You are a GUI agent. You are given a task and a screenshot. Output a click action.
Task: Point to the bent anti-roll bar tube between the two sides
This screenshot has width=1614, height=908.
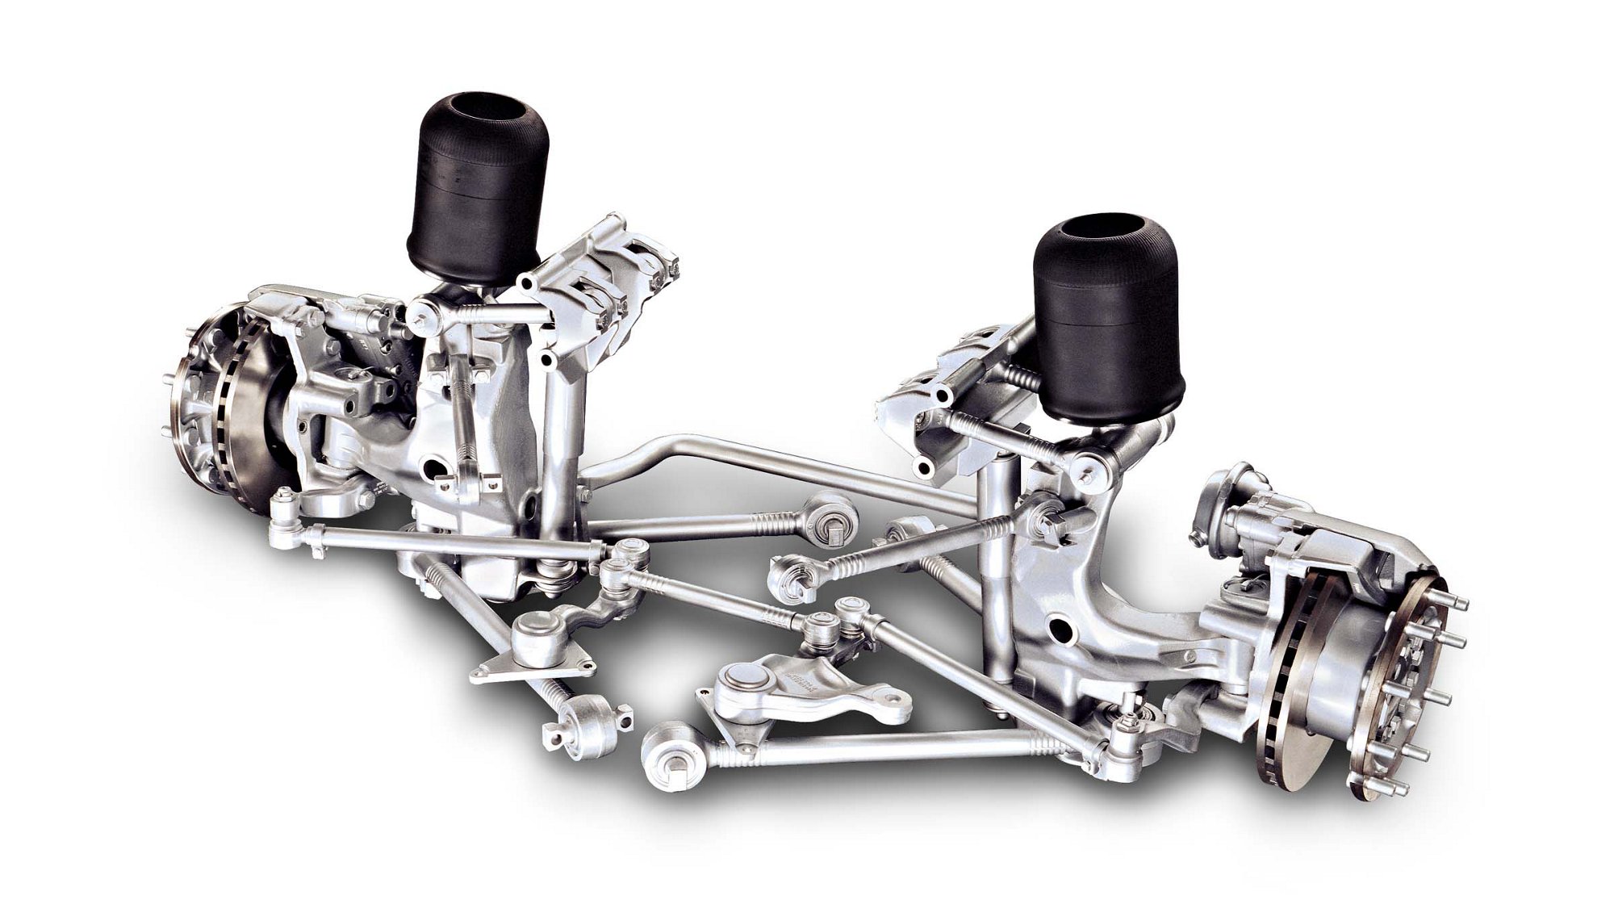click(726, 460)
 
